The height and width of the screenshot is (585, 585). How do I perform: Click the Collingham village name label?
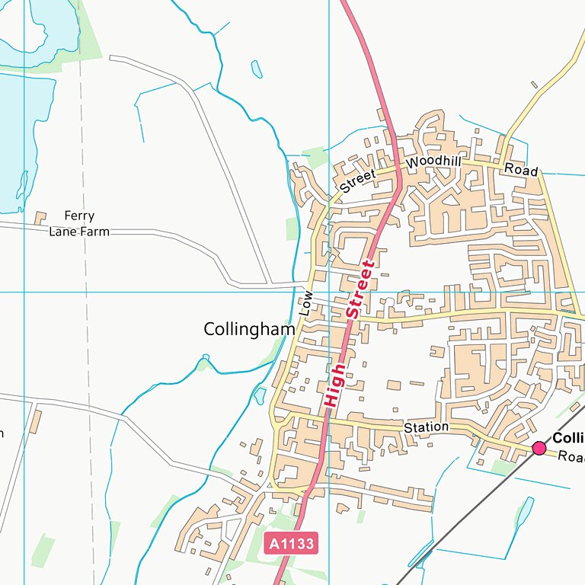tap(249, 329)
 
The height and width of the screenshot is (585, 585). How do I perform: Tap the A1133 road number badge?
tap(289, 543)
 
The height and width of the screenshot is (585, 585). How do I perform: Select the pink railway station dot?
tap(539, 448)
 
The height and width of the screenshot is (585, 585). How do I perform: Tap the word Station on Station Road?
tap(426, 427)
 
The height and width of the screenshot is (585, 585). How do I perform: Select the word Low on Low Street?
tap(306, 303)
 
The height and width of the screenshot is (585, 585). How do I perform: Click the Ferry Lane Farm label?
tap(79, 224)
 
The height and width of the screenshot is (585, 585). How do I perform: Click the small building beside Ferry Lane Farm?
tap(40, 219)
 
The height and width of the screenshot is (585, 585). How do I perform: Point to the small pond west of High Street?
tap(260, 395)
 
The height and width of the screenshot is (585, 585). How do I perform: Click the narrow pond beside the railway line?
tap(524, 512)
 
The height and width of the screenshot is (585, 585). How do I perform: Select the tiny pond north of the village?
tap(257, 69)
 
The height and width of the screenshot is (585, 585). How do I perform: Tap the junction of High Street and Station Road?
tap(329, 417)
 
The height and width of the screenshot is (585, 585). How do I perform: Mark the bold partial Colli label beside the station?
tap(567, 438)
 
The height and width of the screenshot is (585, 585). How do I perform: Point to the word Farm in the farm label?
tap(97, 232)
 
